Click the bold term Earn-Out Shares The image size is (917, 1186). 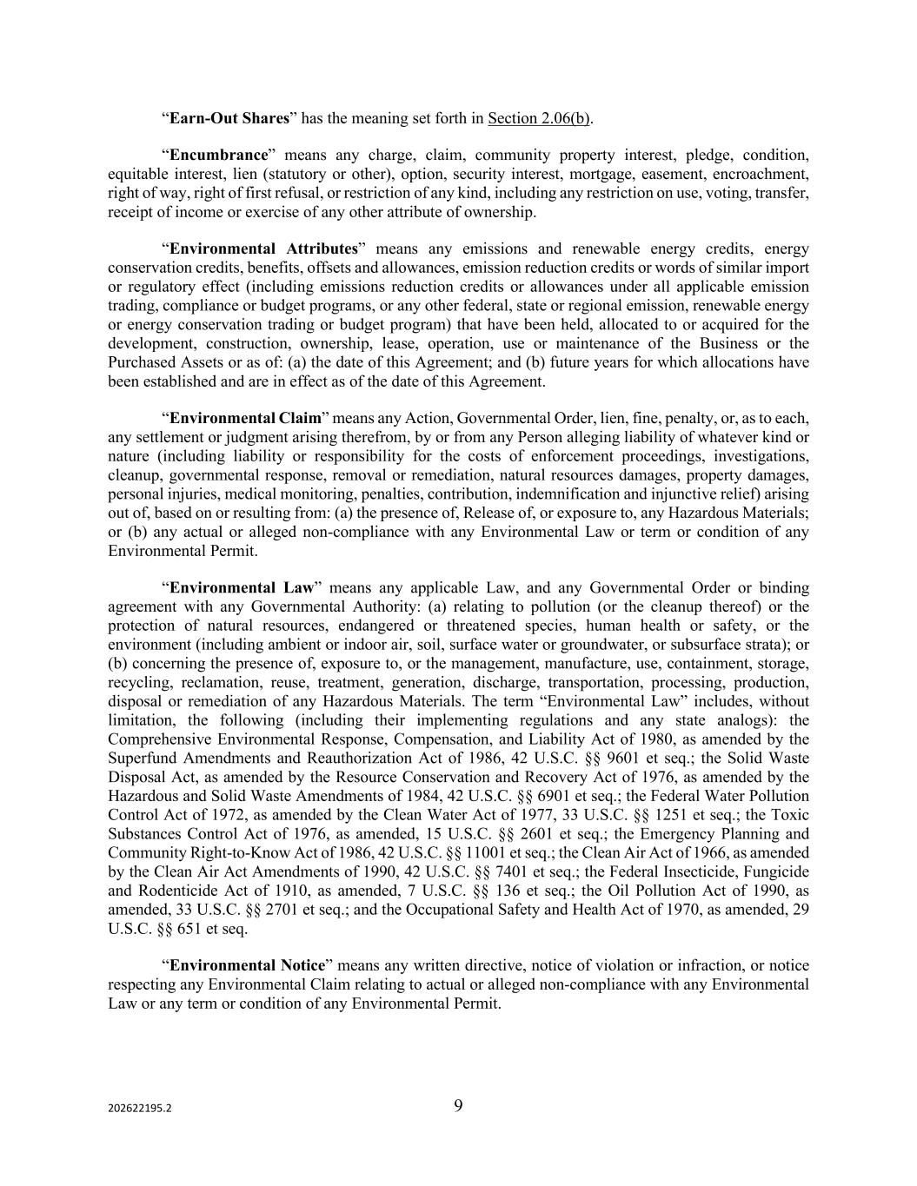[x=229, y=118]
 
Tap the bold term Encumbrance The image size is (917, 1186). [x=219, y=156]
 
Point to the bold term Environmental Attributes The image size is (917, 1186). [x=263, y=249]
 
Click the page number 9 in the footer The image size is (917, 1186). [x=458, y=1106]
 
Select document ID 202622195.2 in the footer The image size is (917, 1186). [x=140, y=1109]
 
